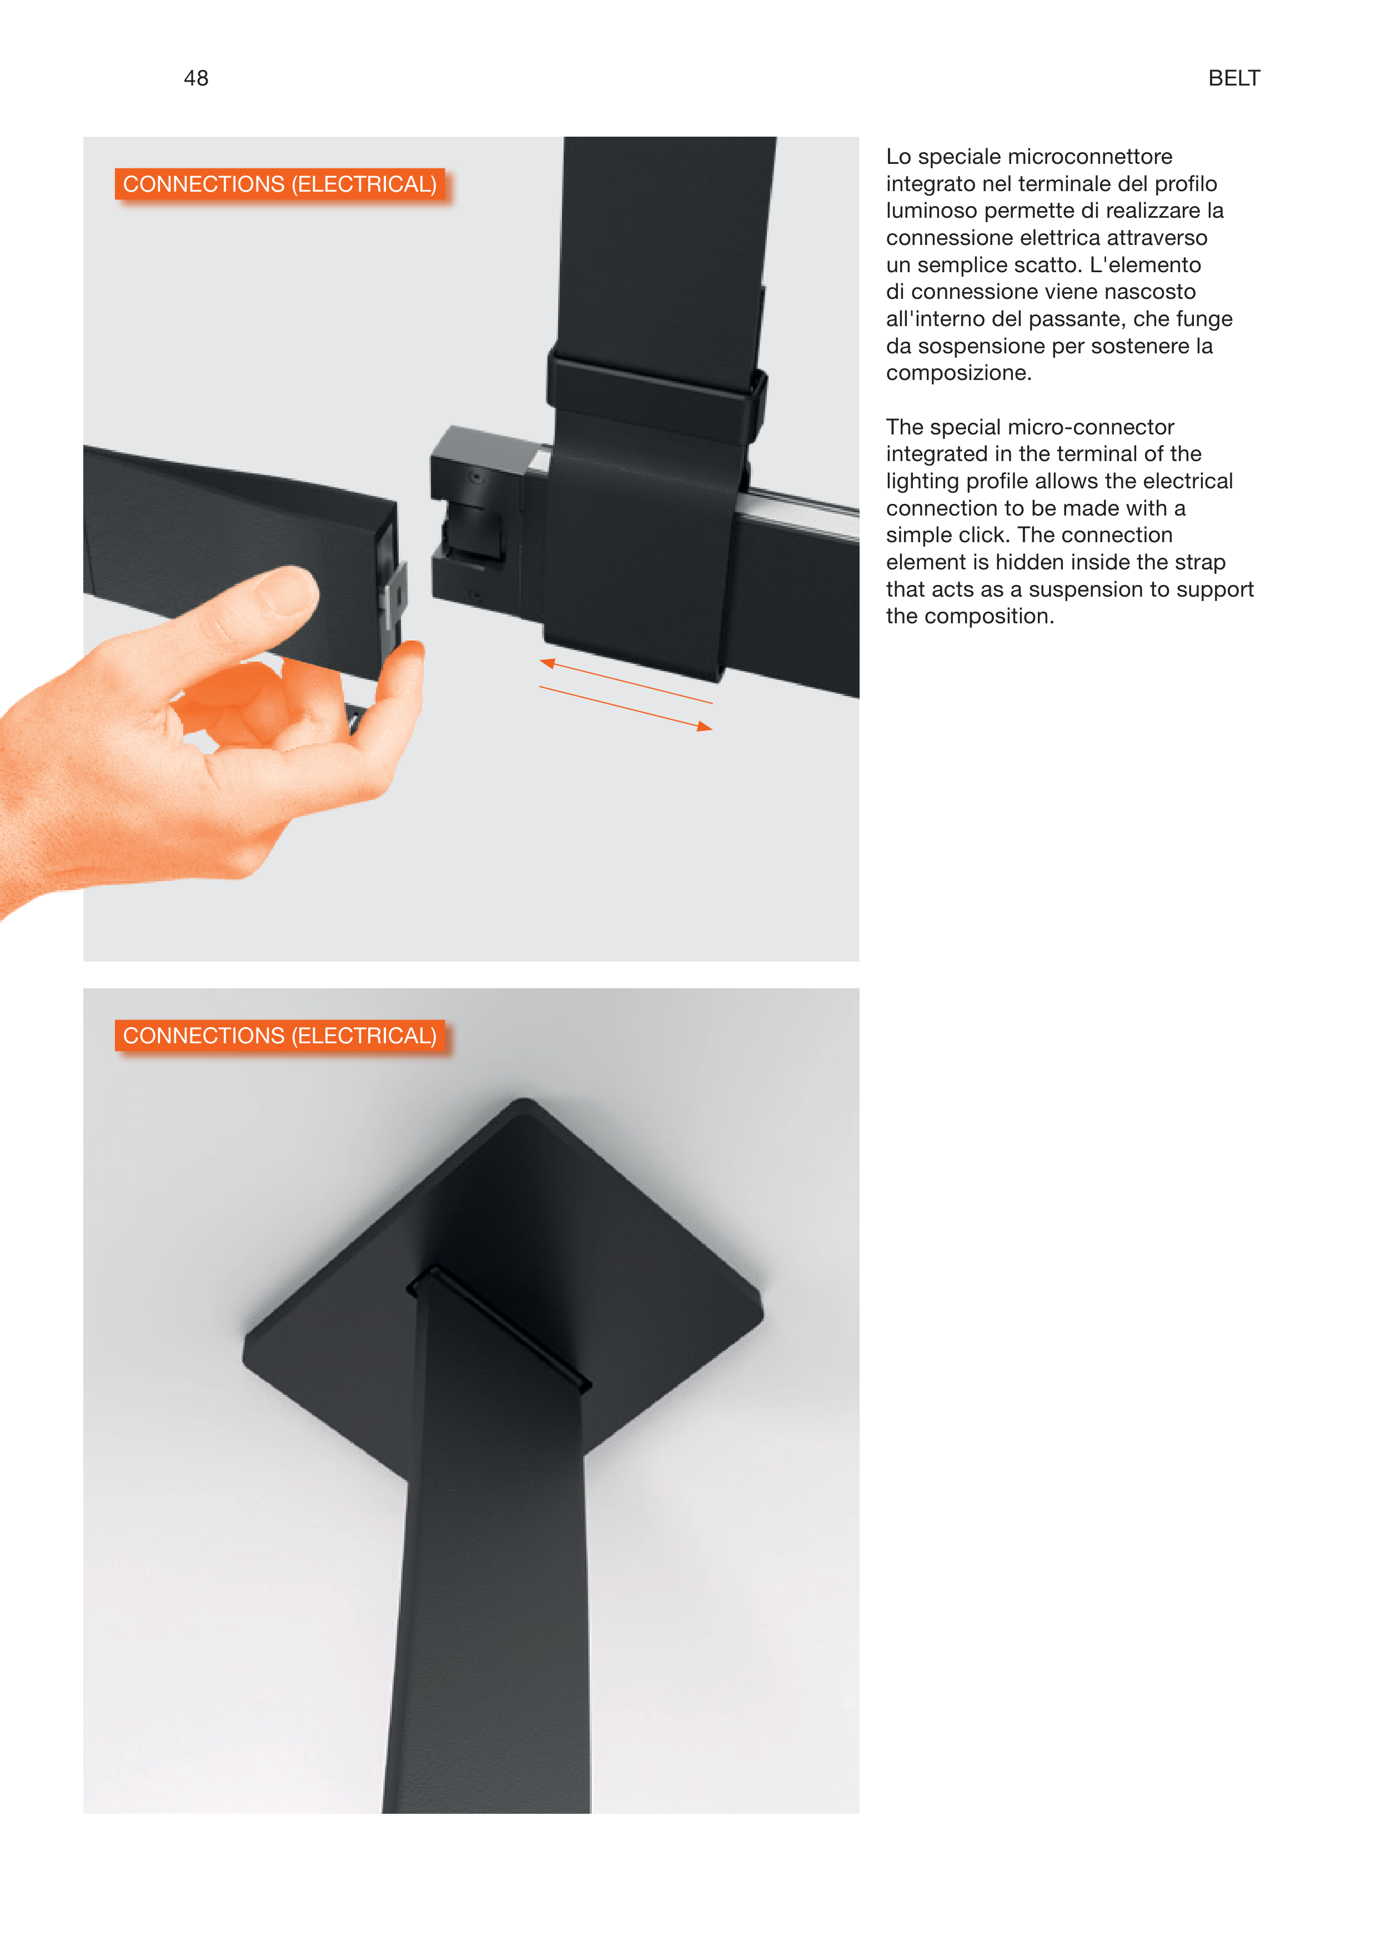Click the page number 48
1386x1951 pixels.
click(195, 78)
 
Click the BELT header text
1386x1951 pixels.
click(1233, 78)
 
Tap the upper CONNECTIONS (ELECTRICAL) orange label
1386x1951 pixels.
click(280, 184)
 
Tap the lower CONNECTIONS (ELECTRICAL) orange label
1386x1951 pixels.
click(280, 1035)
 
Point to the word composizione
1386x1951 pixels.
click(958, 374)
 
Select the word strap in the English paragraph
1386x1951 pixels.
click(1200, 563)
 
